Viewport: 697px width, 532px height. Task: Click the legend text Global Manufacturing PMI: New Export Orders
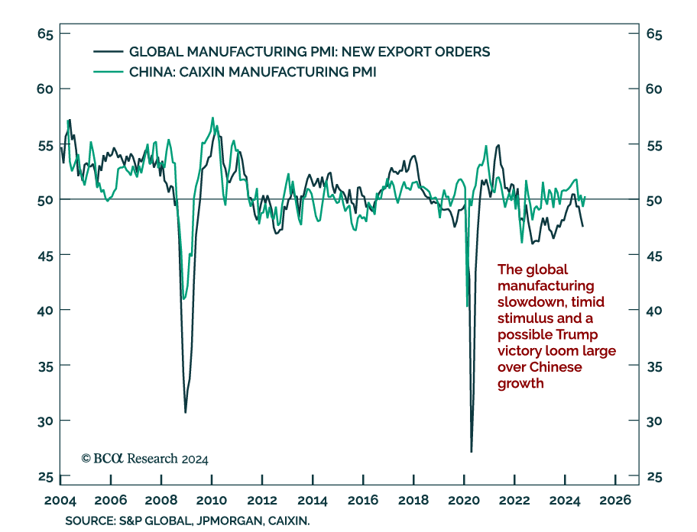tap(310, 52)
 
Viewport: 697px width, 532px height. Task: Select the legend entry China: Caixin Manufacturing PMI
tap(252, 72)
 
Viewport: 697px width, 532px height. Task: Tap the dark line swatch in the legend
tap(108, 52)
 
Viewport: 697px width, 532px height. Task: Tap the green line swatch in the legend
tap(108, 72)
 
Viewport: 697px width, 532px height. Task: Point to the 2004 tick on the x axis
tap(60, 501)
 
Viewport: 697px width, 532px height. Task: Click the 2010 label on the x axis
tap(212, 501)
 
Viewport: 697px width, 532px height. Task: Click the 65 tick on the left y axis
tap(44, 34)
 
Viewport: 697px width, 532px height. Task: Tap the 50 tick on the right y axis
tap(653, 200)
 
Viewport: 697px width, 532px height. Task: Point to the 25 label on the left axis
tap(44, 477)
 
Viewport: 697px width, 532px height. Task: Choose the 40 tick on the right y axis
tap(653, 311)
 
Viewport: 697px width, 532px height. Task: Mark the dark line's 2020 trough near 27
tap(471, 451)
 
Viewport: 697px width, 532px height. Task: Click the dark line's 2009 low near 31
tap(185, 412)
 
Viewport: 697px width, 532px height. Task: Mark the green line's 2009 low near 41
tap(183, 298)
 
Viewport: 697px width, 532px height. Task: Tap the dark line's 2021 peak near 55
tap(498, 145)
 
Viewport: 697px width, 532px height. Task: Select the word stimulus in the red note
tap(524, 318)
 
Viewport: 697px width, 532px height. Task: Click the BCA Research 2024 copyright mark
tap(144, 459)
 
